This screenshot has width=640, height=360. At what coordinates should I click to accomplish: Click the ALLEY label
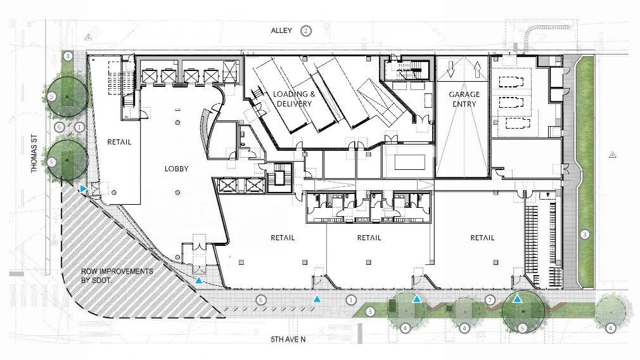coord(281,30)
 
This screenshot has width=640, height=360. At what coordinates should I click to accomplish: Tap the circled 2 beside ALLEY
coord(305,30)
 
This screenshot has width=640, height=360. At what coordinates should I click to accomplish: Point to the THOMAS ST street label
coord(34,153)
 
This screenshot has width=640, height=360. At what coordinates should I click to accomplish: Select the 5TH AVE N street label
coord(288,339)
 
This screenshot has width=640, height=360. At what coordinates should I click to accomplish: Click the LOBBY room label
coord(176,169)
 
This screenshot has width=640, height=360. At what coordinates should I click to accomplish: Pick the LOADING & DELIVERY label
coord(294,99)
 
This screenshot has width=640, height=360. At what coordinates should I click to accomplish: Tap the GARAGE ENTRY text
coord(464,99)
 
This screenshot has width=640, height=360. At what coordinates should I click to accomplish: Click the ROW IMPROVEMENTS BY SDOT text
coord(117,276)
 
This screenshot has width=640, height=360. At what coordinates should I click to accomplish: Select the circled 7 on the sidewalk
coord(490,300)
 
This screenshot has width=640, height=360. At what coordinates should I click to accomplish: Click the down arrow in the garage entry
coord(451,69)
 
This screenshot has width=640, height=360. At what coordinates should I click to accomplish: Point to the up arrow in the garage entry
coord(477,69)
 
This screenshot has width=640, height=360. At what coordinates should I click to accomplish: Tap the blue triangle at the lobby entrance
coord(199,280)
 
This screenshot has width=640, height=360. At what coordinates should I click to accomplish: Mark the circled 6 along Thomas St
coord(59,127)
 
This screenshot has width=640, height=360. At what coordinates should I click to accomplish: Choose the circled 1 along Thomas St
coord(79,127)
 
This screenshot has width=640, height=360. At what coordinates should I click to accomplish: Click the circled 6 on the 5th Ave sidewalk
coord(261,300)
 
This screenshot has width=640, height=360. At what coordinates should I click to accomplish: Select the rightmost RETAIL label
coord(482,238)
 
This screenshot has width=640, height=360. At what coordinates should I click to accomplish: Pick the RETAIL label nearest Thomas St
coord(119,142)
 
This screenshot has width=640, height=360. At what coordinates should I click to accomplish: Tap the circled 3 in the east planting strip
coord(585,235)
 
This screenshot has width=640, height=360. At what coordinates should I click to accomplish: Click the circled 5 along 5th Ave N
coord(522,328)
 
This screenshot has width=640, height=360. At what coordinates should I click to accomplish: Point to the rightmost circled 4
coord(610,328)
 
